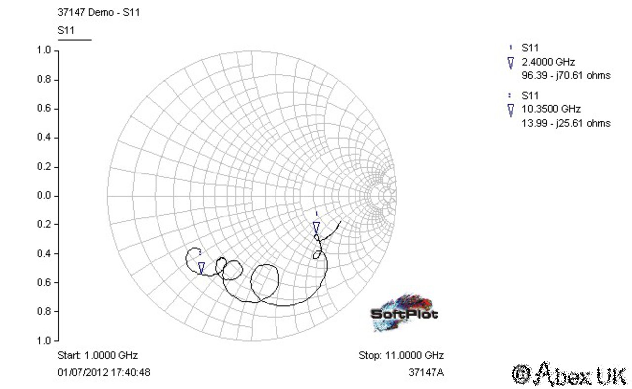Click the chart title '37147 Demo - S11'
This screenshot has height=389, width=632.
click(x=98, y=12)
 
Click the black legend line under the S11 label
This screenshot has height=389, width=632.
click(x=75, y=40)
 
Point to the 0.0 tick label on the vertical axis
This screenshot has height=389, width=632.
click(x=44, y=196)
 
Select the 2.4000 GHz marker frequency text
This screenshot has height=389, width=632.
click(x=548, y=62)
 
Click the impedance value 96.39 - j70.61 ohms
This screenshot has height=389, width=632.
click(x=566, y=76)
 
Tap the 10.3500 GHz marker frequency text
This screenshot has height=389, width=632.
click(x=551, y=109)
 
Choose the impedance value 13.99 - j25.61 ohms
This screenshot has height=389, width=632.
click(x=566, y=123)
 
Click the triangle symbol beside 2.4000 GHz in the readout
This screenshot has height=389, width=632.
click(x=511, y=63)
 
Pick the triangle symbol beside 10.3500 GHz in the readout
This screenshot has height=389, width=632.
click(x=511, y=110)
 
